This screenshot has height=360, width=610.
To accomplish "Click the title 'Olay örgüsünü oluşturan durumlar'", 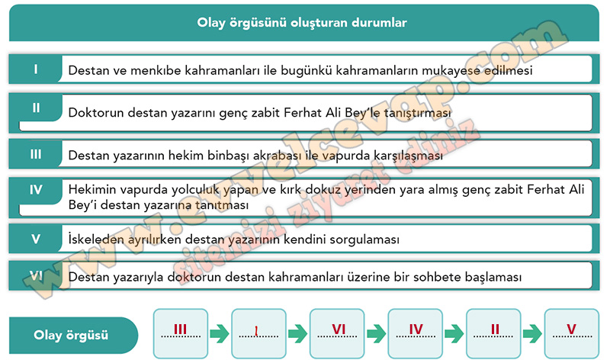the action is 302,23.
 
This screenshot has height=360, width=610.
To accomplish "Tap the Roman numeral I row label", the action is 36,69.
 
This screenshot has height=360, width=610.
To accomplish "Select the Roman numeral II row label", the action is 36,108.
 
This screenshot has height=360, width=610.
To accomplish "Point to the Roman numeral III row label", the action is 36,154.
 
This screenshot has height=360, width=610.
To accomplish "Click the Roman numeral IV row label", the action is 36,190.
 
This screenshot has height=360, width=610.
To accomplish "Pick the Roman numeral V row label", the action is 36,239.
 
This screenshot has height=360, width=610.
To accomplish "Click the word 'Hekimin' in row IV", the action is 92,189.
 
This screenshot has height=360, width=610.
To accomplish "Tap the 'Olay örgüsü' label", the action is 71,335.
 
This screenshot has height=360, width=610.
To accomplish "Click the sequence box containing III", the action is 181,333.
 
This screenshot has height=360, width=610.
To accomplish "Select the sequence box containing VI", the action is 337,333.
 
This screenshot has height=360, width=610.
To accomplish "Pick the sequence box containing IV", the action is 415,333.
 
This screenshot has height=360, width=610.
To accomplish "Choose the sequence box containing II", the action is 493,333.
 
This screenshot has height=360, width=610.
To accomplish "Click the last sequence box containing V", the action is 571,333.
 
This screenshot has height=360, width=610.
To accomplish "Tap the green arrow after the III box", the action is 220,333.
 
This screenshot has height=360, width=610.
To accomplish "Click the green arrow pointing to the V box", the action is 532,333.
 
